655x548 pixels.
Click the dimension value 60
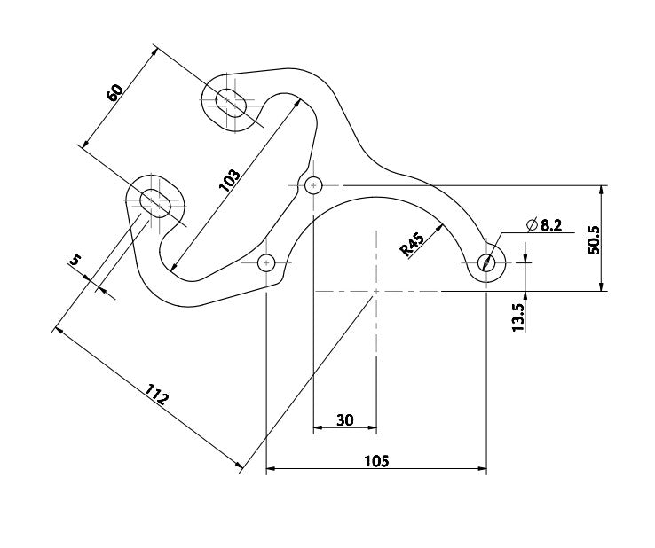pyautogui.click(x=115, y=92)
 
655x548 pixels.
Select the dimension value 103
pyautogui.click(x=229, y=180)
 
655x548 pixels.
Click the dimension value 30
pyautogui.click(x=345, y=419)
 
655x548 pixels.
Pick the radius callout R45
pyautogui.click(x=412, y=242)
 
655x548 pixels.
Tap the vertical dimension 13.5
pyautogui.click(x=519, y=316)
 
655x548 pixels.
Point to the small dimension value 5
pyautogui.click(x=75, y=260)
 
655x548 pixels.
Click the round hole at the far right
pyautogui.click(x=486, y=262)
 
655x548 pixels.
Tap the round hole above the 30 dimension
pyautogui.click(x=313, y=185)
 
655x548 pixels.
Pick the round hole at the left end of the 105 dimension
pyautogui.click(x=266, y=262)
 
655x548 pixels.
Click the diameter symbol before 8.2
pyautogui.click(x=531, y=225)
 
